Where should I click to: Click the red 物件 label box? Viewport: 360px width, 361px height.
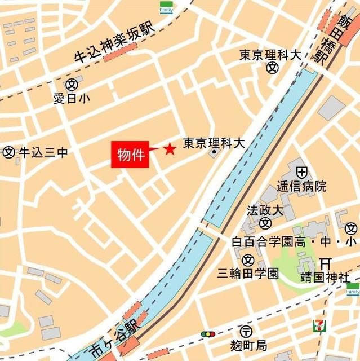(130, 154)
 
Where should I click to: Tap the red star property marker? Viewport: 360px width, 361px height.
(169, 149)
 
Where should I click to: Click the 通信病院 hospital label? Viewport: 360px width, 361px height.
(301, 186)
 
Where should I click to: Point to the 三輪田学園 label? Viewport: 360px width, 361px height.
(248, 274)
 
